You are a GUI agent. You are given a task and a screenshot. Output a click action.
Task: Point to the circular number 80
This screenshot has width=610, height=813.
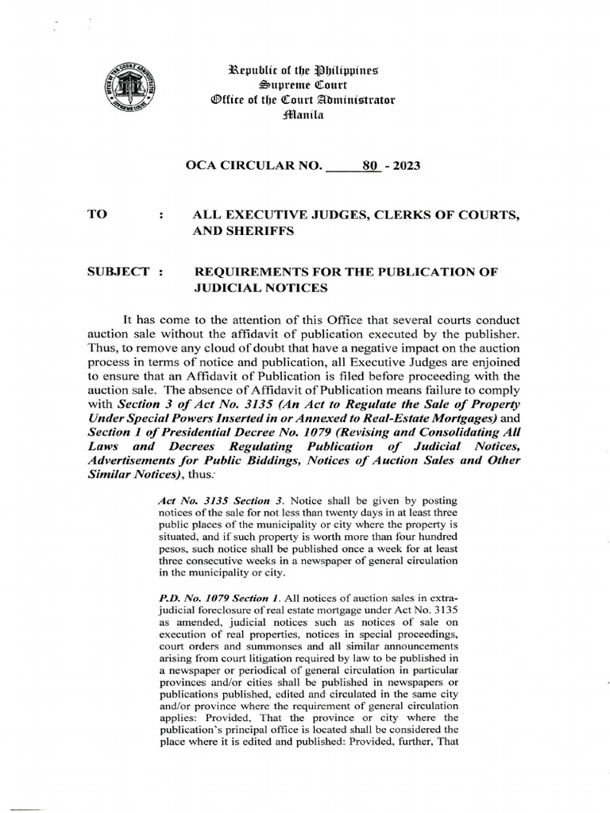point(369,166)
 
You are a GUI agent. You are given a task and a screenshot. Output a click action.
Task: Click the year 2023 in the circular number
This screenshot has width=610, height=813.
point(403,166)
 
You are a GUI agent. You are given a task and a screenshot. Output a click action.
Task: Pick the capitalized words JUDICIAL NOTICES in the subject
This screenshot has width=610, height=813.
point(261,288)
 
